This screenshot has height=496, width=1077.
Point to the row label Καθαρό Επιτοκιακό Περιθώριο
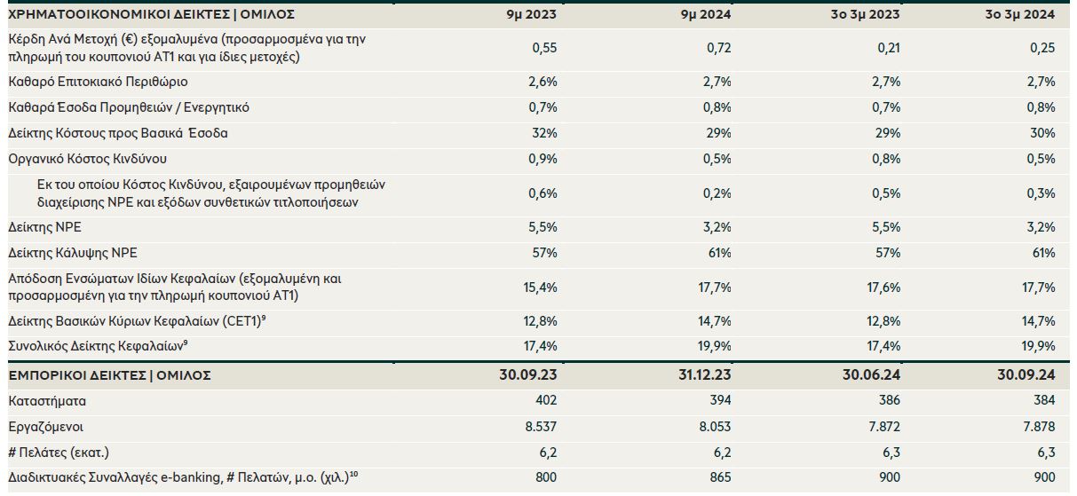coord(85,82)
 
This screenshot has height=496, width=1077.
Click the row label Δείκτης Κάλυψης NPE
coord(73,253)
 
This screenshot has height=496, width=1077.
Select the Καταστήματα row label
coord(47,401)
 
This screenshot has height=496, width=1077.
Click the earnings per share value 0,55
coord(543,48)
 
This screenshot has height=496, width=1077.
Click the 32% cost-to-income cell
coord(544,133)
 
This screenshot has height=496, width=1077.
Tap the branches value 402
coord(545,401)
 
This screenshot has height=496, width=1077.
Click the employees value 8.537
coord(539,427)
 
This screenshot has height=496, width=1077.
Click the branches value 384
coord(1043,401)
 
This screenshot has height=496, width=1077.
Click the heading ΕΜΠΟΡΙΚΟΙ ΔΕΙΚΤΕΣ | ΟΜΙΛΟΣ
coord(109,375)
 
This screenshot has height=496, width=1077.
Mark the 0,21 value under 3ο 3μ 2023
coord(887,48)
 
